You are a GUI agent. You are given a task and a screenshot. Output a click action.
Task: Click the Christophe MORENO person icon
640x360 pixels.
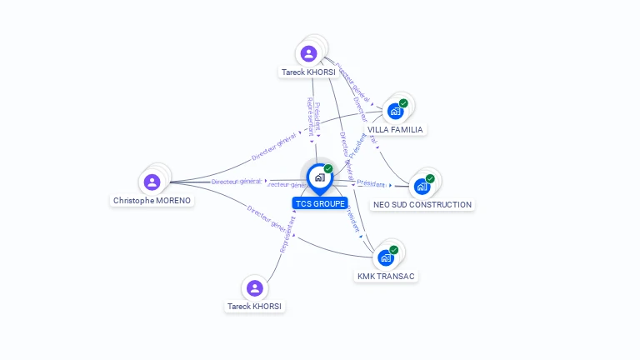click(152, 182)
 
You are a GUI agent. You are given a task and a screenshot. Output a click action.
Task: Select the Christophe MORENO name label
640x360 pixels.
click(152, 201)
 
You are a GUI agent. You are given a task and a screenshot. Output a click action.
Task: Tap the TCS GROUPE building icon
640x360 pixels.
click(319, 177)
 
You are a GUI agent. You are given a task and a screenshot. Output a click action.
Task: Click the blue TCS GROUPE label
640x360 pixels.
click(320, 203)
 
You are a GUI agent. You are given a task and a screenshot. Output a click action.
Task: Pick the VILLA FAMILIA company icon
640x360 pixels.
click(395, 111)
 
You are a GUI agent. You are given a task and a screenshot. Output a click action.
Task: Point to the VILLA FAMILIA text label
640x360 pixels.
click(395, 130)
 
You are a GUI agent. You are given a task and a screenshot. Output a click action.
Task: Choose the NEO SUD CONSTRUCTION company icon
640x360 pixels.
click(422, 186)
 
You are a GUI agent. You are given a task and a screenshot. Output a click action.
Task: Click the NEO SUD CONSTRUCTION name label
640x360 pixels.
click(422, 205)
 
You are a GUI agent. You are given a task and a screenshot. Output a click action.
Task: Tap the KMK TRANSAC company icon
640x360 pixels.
click(386, 257)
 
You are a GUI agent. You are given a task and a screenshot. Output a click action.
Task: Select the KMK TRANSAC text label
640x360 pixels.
click(386, 277)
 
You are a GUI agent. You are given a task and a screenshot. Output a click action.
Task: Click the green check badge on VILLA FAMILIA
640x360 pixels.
click(403, 103)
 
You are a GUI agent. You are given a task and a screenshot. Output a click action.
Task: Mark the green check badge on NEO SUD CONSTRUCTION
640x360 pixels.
click(430, 178)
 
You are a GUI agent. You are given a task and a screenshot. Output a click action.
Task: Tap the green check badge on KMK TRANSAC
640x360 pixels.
click(394, 249)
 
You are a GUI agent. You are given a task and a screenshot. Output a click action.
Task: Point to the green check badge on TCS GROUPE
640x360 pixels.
click(328, 168)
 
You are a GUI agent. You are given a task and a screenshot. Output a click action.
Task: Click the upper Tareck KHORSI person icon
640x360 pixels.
click(309, 53)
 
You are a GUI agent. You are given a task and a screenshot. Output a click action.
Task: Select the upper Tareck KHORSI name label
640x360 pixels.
click(308, 72)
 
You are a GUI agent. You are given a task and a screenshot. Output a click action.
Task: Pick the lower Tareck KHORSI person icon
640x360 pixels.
click(255, 287)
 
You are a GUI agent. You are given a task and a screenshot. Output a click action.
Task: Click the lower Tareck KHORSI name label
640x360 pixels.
click(255, 307)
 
